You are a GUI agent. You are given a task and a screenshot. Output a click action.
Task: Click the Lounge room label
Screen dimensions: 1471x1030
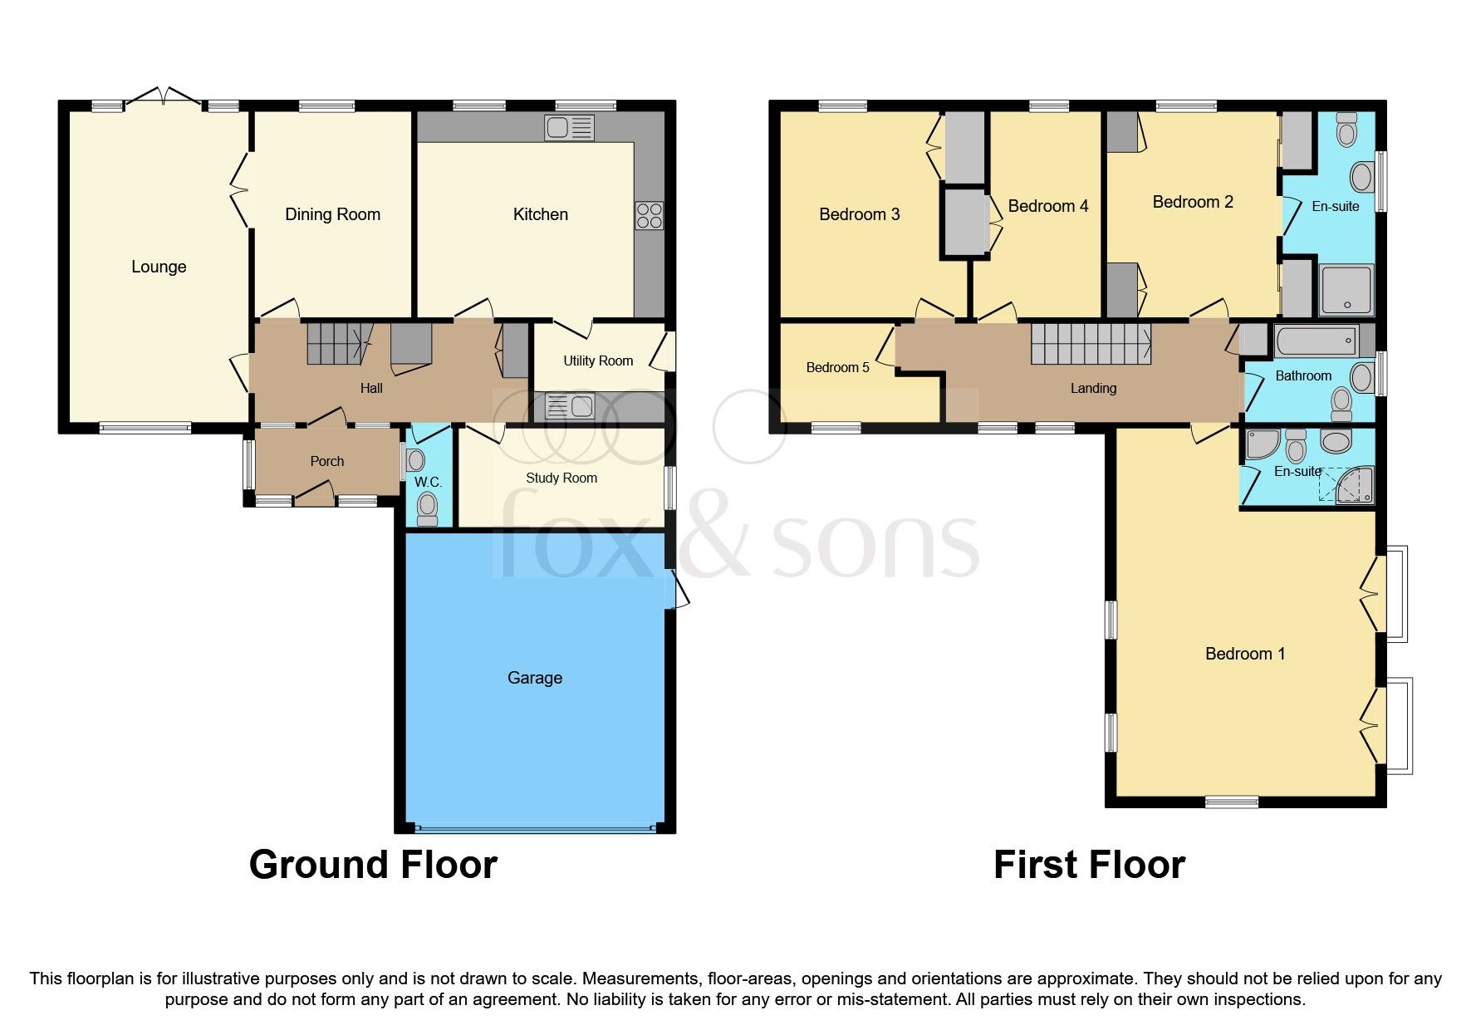pyautogui.click(x=159, y=267)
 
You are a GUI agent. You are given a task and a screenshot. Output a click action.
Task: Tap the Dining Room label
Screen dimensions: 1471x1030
pyautogui.click(x=332, y=214)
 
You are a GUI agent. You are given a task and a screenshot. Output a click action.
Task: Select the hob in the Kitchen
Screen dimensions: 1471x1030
pyautogui.click(x=650, y=216)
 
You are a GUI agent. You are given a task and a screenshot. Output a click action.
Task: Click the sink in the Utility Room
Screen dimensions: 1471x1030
pyautogui.click(x=570, y=406)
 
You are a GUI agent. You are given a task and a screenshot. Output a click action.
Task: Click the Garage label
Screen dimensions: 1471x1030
pyautogui.click(x=535, y=678)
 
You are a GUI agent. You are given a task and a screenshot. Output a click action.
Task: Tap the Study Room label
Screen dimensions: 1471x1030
pyautogui.click(x=561, y=478)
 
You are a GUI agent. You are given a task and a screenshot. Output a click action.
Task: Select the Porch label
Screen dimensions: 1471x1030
pyautogui.click(x=327, y=461)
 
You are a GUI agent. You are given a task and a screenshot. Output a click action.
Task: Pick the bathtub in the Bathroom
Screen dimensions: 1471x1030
pyautogui.click(x=1317, y=341)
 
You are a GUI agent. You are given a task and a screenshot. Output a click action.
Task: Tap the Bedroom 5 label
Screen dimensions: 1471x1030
pyautogui.click(x=837, y=367)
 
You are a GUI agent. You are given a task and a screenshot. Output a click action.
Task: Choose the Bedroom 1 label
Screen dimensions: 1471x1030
pyautogui.click(x=1245, y=654)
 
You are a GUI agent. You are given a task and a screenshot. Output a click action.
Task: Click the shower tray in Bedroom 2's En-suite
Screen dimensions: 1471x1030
pyautogui.click(x=1346, y=290)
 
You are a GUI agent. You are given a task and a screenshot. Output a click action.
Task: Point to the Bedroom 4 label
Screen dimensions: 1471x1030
pyautogui.click(x=1048, y=206)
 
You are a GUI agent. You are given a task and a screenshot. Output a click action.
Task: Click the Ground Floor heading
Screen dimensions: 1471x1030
pyautogui.click(x=373, y=865)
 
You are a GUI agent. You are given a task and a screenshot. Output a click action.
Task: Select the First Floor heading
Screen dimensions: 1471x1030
pyautogui.click(x=1089, y=865)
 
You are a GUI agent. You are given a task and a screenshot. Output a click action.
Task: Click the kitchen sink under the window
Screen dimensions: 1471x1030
pyautogui.click(x=570, y=128)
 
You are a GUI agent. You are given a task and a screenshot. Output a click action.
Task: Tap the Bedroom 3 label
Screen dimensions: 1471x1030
pyautogui.click(x=860, y=214)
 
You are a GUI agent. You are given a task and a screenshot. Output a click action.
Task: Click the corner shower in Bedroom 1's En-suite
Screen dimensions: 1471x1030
pyautogui.click(x=1354, y=486)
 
